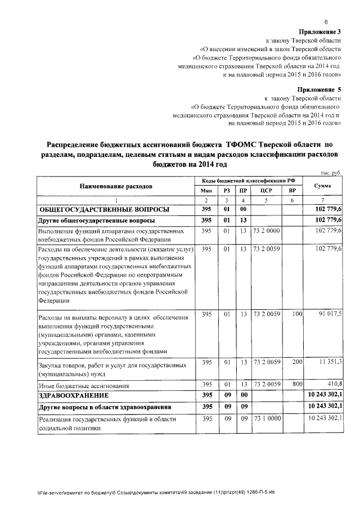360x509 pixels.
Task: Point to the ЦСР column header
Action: (x=267, y=191)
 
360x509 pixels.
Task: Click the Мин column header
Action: (x=206, y=191)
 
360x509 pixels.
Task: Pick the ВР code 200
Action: (x=291, y=363)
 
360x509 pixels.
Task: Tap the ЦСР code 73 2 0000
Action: (x=266, y=231)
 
